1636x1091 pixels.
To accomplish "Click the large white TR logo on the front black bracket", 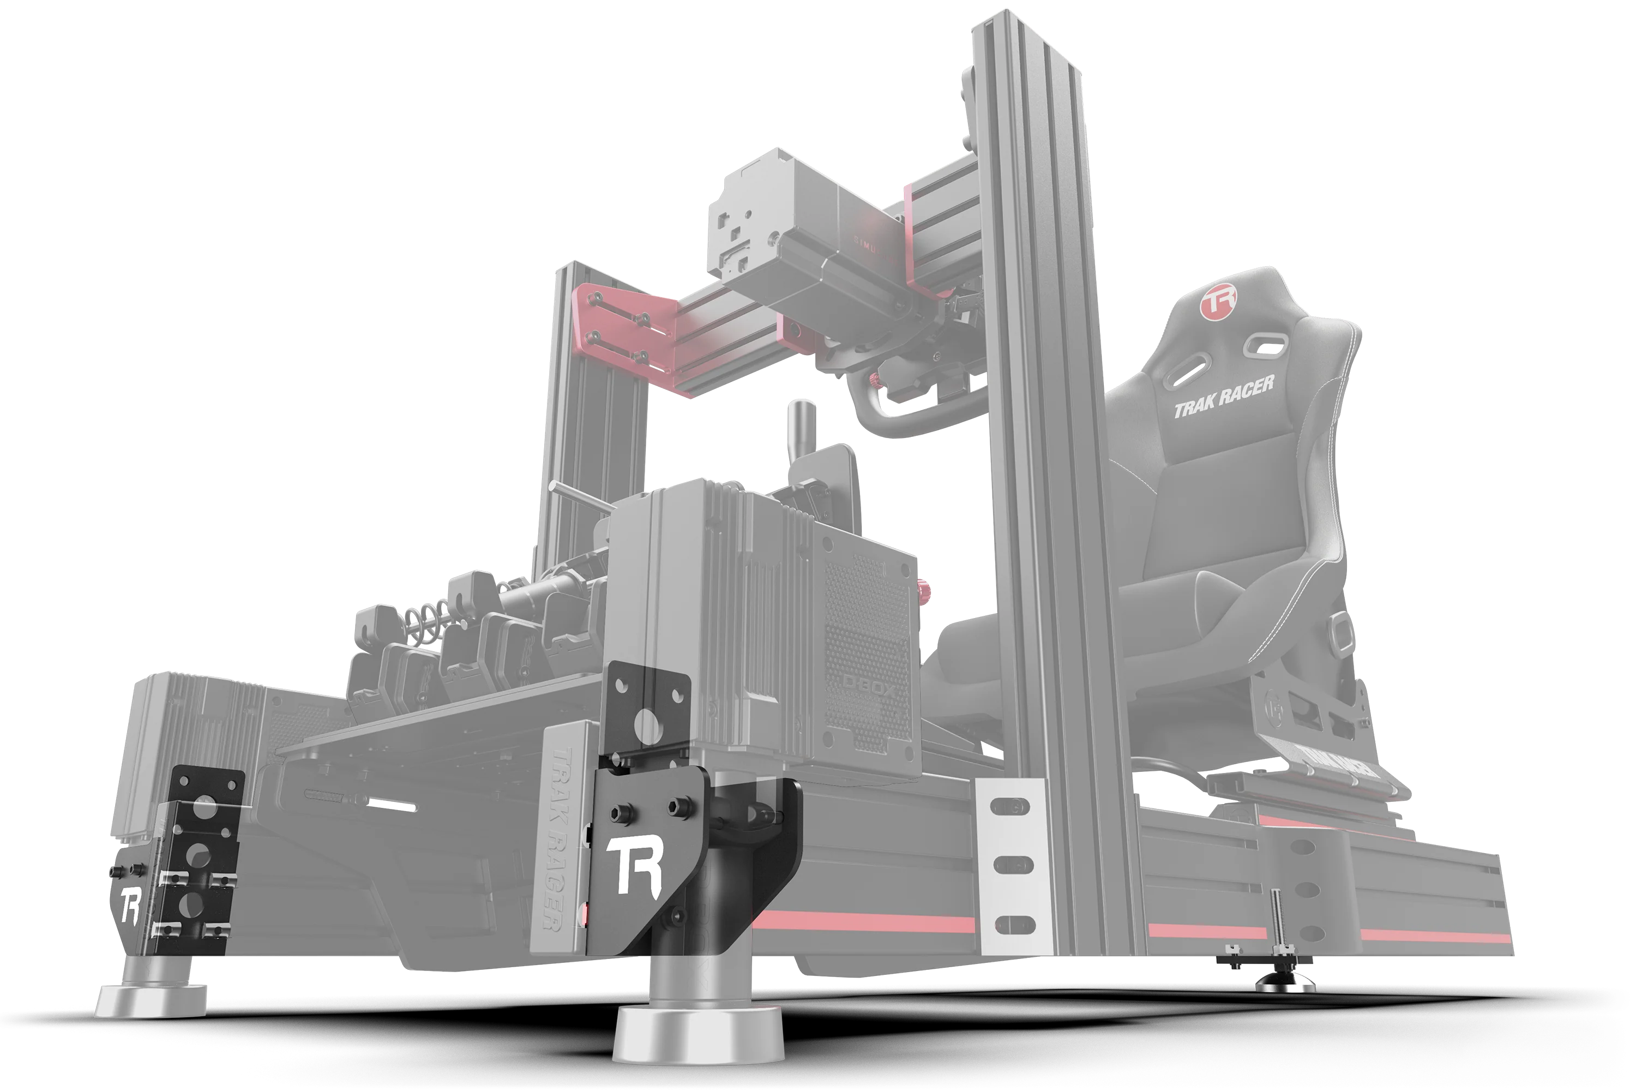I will point(633,864).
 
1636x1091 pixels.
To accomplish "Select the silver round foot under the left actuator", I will point(151,1000).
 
